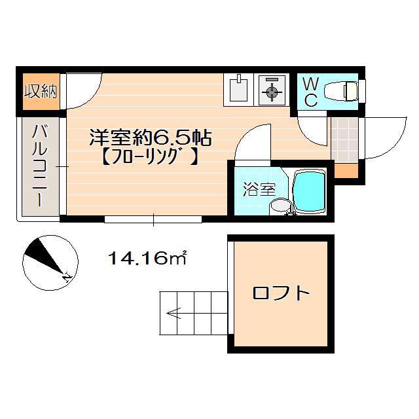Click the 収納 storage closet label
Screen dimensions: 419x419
41,92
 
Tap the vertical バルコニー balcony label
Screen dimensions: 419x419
41,166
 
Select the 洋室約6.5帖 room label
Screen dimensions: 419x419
151,138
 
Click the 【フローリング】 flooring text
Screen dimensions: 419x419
150,157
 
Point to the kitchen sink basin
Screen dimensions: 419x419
238,90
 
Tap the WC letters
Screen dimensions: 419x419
311,92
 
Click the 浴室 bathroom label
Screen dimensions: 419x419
259,189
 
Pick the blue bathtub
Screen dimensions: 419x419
309,192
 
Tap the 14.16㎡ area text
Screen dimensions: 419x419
147,258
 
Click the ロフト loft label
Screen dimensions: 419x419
281,293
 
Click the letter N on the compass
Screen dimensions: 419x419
67,277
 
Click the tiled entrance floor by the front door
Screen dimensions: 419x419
344,139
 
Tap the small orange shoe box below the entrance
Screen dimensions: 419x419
346,171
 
